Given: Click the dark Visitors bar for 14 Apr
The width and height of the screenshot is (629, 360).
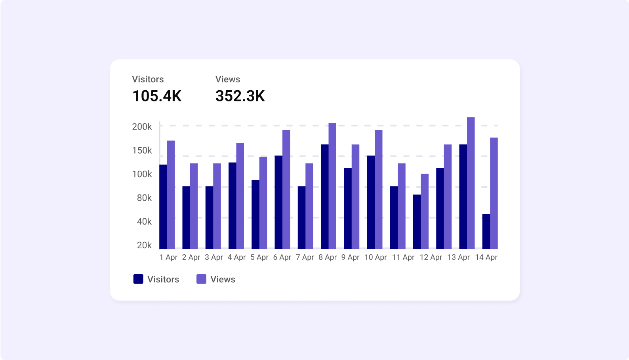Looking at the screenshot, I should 486,231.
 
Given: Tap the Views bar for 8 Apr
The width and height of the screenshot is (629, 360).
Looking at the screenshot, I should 332,186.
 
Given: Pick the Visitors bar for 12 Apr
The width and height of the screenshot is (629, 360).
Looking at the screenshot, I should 417,221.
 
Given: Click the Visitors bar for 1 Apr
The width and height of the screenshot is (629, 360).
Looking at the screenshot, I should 163,206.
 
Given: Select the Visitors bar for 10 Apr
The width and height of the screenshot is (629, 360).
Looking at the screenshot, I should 371,202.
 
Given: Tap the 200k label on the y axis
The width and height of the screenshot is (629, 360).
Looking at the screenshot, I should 142,127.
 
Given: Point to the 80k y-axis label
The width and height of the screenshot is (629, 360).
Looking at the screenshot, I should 144,198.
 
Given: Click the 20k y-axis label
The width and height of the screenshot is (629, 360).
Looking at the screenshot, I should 144,245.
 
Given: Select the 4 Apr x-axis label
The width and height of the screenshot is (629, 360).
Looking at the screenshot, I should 237,257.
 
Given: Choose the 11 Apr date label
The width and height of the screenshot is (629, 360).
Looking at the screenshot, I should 403,257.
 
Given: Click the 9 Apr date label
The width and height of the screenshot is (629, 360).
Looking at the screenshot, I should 351,257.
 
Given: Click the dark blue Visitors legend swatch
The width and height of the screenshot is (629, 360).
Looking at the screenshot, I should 138,279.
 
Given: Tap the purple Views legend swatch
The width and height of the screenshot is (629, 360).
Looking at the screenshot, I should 201,279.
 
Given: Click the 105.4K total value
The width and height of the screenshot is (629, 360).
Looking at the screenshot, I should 157,96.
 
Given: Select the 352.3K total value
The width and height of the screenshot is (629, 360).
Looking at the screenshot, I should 240,96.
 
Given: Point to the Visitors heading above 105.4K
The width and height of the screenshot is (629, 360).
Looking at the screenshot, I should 148,79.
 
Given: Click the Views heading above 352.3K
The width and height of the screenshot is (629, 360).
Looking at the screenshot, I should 228,79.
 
